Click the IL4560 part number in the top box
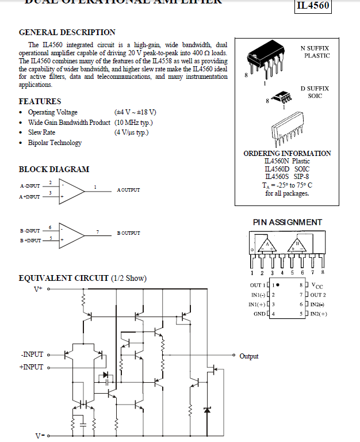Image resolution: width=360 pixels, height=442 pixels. click(x=313, y=6)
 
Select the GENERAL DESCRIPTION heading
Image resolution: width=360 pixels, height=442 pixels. click(x=67, y=32)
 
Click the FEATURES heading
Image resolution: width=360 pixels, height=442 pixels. click(x=40, y=101)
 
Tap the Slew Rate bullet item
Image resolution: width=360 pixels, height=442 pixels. click(x=41, y=132)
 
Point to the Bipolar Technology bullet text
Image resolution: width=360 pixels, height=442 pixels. click(x=55, y=143)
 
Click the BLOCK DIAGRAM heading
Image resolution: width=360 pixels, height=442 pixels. click(x=54, y=169)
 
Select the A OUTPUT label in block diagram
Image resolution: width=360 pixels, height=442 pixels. click(x=128, y=190)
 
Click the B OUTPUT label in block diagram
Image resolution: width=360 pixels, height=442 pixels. click(x=128, y=233)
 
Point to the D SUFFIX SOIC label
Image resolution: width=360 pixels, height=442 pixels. click(x=315, y=92)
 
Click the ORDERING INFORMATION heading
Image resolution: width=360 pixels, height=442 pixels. click(x=287, y=154)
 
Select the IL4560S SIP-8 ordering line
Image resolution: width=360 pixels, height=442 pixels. click(x=287, y=177)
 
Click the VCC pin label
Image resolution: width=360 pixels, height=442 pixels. click(x=318, y=285)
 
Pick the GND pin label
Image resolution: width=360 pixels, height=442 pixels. click(x=259, y=314)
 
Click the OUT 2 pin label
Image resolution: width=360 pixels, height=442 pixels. click(x=318, y=295)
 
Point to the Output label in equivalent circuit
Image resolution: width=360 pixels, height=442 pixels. click(x=249, y=356)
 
